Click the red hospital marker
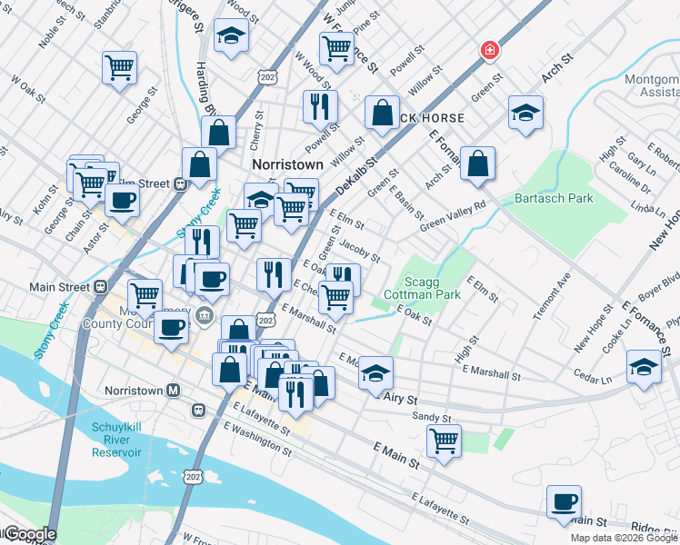pos(490,50)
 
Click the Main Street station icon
pos(99,287)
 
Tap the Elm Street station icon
pos(180,183)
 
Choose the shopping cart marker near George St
pos(120,67)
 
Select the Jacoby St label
pos(359,251)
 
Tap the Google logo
pos(29,534)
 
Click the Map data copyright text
pos(624,538)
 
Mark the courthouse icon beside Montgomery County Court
pos(204,316)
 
